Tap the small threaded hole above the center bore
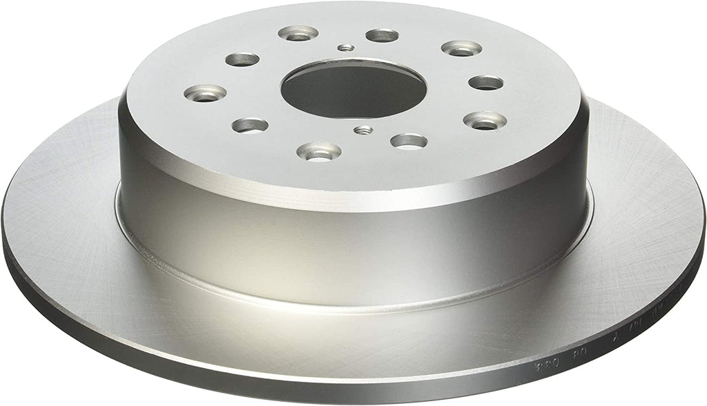[x=347, y=48]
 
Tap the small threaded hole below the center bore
[x=362, y=130]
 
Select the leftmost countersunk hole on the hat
[x=206, y=93]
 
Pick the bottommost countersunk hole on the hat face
[x=318, y=150]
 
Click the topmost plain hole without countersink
[x=382, y=35]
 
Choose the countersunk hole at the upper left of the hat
[x=298, y=32]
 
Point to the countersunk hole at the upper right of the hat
[x=461, y=48]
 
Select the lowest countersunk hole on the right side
[x=485, y=120]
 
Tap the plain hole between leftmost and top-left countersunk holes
[x=242, y=59]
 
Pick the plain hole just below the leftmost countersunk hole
[x=250, y=125]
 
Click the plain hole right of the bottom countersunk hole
[x=408, y=141]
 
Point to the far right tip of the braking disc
[x=704, y=221]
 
